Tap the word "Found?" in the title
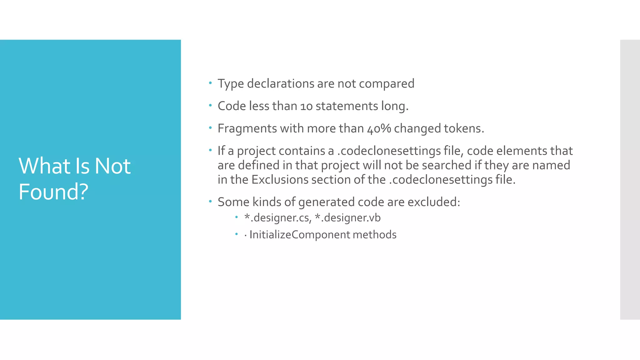click(53, 192)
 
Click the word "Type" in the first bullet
click(231, 84)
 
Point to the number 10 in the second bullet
click(306, 106)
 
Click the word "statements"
click(347, 106)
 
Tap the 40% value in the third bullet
click(379, 128)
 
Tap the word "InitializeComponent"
click(299, 235)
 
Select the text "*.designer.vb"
click(347, 217)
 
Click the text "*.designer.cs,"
click(278, 217)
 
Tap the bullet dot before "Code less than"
click(210, 106)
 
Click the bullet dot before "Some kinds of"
click(210, 202)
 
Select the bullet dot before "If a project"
click(210, 150)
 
